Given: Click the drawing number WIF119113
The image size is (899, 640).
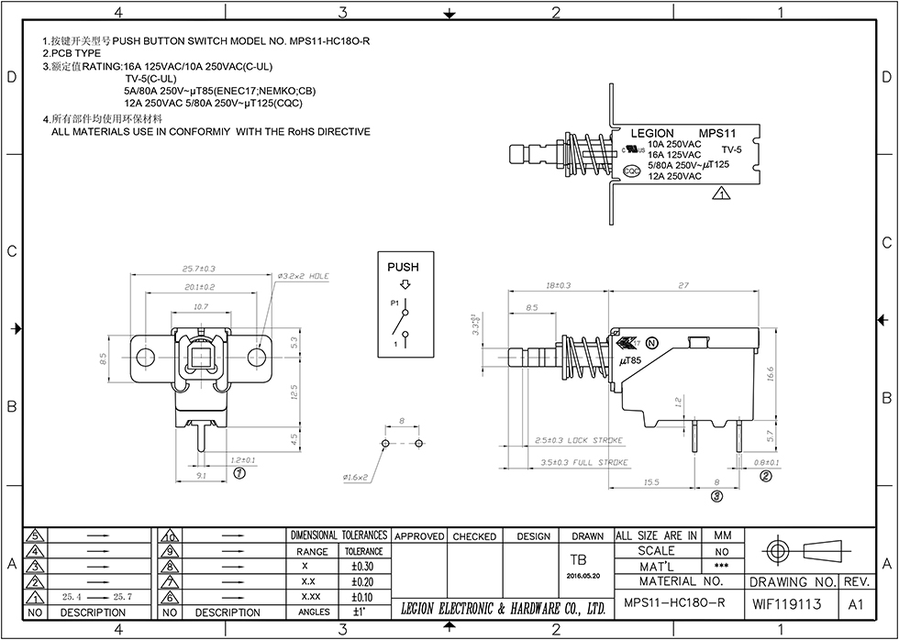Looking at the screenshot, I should tap(787, 604).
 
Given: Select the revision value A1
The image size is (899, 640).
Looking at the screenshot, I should tap(857, 604).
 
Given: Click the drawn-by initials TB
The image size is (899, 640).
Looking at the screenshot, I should tap(579, 559).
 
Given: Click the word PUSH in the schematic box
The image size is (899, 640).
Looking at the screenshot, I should tap(403, 267).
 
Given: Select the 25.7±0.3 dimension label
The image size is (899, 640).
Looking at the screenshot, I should tap(198, 269).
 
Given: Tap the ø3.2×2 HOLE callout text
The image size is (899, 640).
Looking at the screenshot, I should tap(303, 275).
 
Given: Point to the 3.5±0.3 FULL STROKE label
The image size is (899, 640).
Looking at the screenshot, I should tap(584, 462).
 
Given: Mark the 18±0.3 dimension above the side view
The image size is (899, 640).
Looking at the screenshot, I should tap(559, 286).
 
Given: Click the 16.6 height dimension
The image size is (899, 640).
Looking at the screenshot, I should tap(770, 373).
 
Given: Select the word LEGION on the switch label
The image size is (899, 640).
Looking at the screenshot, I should tap(652, 134).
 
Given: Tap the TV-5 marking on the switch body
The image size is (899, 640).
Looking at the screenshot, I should tap(731, 149).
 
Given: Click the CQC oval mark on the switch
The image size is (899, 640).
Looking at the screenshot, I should tap(632, 171).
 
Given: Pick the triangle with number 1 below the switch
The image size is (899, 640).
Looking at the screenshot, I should tap(721, 193).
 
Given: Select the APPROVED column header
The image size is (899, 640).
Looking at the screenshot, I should tap(419, 536).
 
